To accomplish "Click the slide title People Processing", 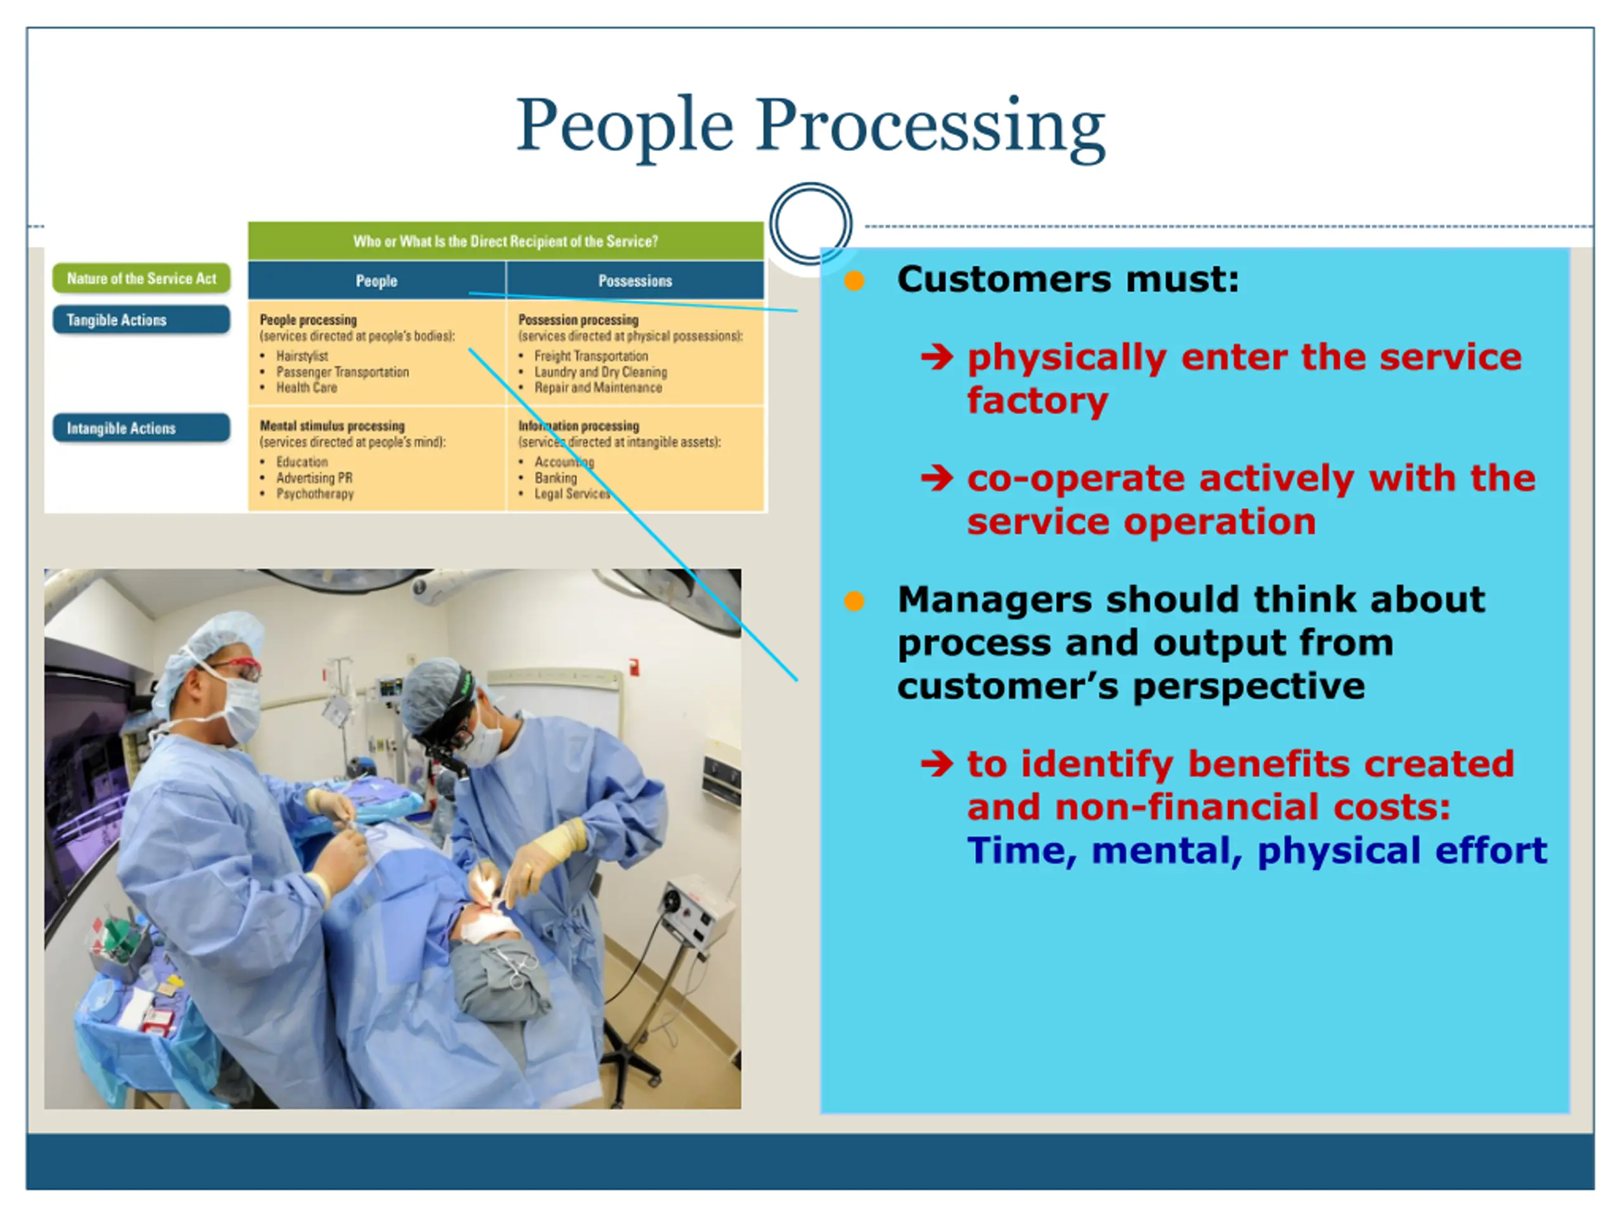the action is tap(810, 126).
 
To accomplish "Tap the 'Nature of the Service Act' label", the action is tap(141, 279).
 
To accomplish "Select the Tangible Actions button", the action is tap(141, 320).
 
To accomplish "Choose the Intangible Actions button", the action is tap(141, 428).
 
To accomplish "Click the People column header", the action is tap(376, 281).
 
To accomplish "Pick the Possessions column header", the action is tap(635, 281).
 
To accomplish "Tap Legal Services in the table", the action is tap(572, 494).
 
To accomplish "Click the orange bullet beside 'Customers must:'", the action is tap(854, 280).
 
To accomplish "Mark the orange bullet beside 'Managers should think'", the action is tap(854, 602).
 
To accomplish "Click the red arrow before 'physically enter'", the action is tap(937, 357).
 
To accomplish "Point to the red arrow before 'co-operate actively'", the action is tap(937, 479).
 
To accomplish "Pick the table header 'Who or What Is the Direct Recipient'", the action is tap(506, 241).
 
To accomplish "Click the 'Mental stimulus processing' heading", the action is tap(332, 425).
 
